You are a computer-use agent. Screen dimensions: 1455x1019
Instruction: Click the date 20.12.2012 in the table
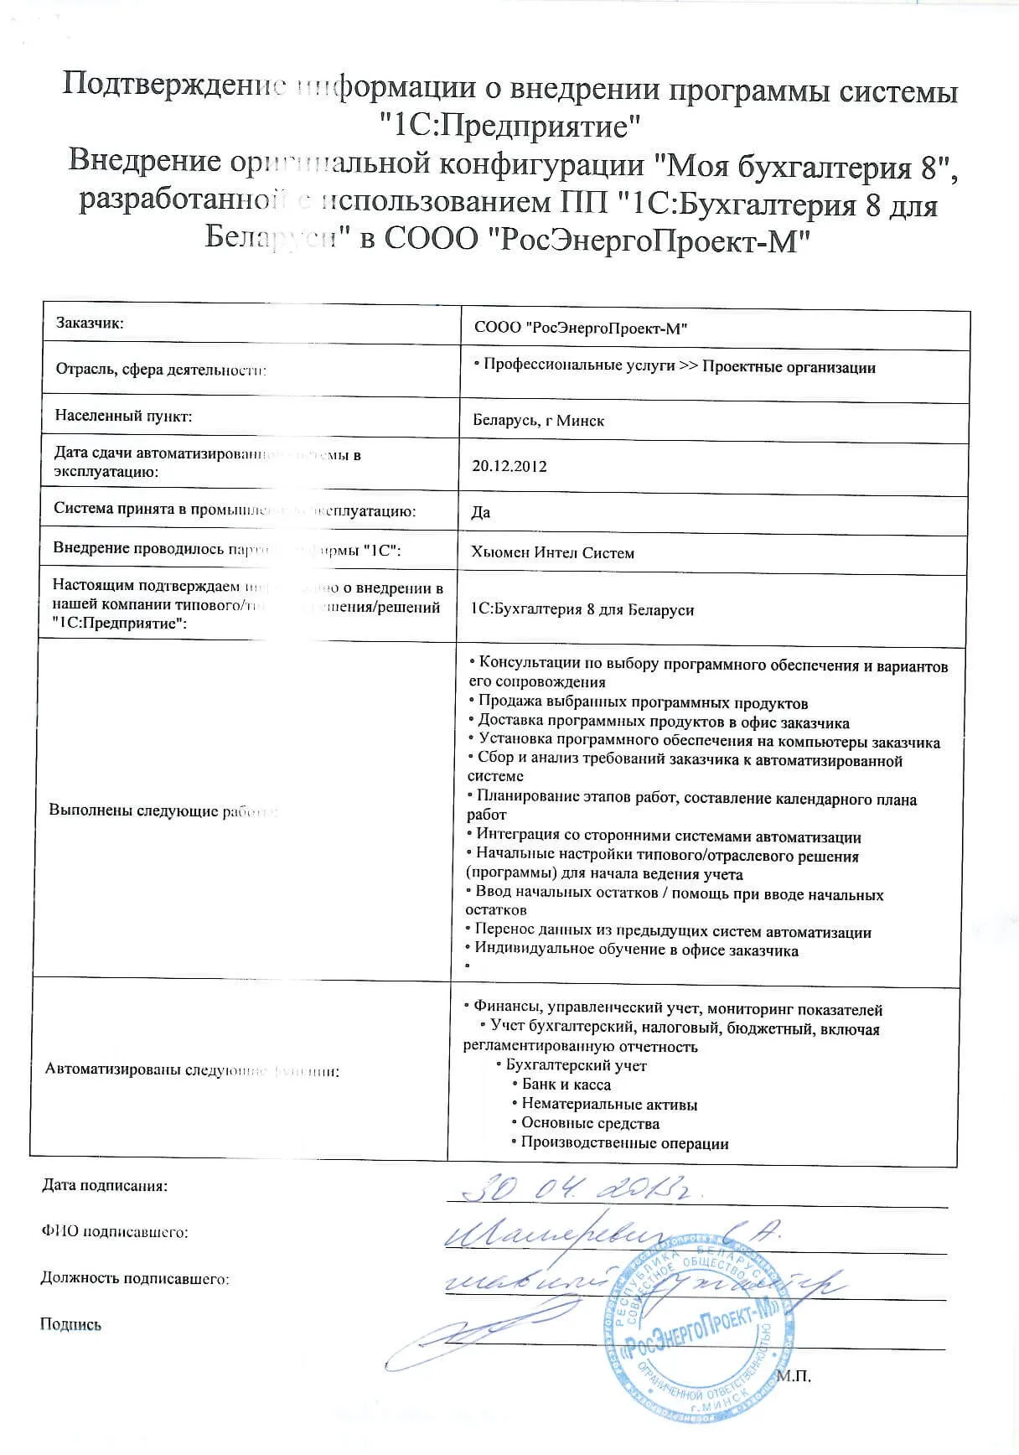[509, 467]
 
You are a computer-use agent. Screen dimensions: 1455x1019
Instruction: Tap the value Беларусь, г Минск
[538, 421]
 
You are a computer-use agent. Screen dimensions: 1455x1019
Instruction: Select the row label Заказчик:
[90, 323]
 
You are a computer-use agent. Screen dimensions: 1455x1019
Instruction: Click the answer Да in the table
[481, 512]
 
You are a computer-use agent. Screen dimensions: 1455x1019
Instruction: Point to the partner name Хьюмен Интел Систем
[553, 553]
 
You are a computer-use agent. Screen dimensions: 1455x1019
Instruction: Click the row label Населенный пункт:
[123, 416]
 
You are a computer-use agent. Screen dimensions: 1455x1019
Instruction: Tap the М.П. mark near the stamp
[794, 1376]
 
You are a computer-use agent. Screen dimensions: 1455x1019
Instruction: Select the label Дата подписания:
[105, 1186]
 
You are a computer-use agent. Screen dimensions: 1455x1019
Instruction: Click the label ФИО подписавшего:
[114, 1232]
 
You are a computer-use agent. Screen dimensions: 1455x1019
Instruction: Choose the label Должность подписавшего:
[134, 1279]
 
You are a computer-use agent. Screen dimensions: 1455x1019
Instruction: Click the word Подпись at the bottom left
[70, 1325]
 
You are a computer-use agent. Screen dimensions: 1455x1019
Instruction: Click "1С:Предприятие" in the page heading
[509, 126]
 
